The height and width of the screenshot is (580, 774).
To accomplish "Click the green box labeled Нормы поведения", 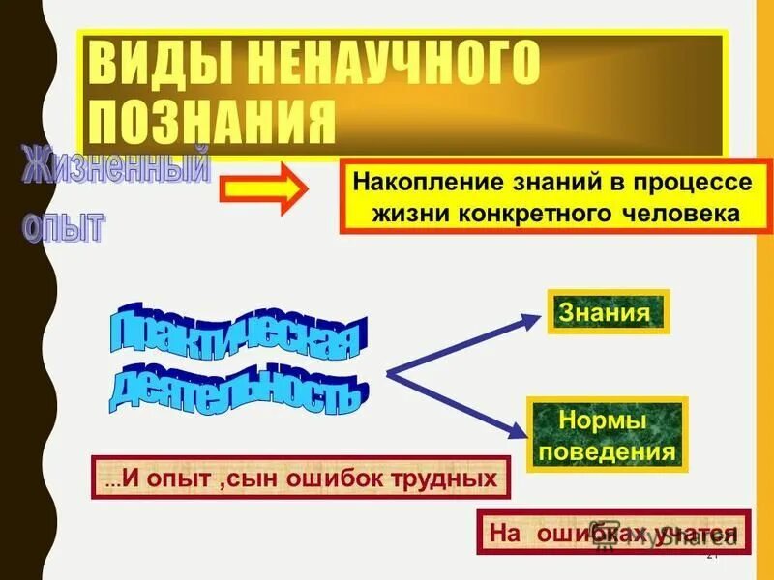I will click(x=604, y=436).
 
